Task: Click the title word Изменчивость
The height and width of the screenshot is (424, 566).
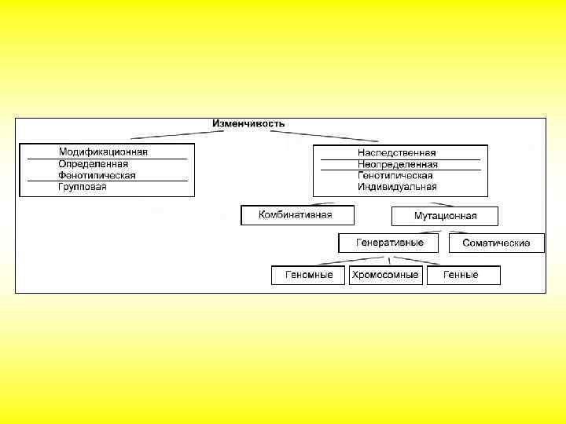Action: tap(248, 124)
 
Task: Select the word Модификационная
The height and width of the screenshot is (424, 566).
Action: tap(103, 152)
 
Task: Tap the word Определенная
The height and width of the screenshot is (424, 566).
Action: tap(93, 164)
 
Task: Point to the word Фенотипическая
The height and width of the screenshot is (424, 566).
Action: tap(97, 176)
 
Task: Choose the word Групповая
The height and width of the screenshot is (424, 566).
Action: tap(83, 188)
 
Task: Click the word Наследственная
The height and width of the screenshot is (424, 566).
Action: tap(396, 153)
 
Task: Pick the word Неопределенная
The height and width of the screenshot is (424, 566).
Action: tap(397, 165)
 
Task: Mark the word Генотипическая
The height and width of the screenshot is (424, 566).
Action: tap(395, 176)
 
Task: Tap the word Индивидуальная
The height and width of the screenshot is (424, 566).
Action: tap(397, 188)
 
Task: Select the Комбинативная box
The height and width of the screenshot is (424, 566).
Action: tap(296, 215)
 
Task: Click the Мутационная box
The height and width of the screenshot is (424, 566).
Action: tap(445, 216)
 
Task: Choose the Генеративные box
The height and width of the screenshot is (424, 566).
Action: tap(390, 243)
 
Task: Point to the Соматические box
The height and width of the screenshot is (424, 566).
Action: tap(496, 243)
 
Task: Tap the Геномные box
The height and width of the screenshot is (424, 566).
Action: tap(308, 275)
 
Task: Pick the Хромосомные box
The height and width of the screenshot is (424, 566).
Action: tap(385, 275)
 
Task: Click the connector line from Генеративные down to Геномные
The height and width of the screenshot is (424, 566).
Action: tap(346, 261)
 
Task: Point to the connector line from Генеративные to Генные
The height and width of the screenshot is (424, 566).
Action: tap(428, 261)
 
